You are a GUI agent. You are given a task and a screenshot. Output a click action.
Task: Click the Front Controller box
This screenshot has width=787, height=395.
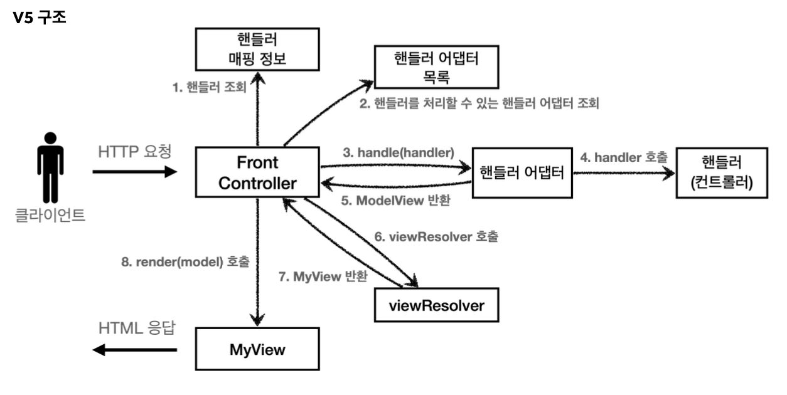[257, 172]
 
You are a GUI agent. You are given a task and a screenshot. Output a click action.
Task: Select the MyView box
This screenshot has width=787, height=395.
[257, 349]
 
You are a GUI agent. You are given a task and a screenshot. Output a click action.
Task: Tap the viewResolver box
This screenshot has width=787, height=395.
[436, 305]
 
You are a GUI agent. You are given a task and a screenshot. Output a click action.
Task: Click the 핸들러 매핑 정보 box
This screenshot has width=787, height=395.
[257, 49]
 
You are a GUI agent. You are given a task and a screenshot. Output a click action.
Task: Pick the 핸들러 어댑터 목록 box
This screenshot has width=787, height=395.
[436, 66]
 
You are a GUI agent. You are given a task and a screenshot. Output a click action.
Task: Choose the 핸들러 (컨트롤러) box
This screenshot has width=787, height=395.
[722, 173]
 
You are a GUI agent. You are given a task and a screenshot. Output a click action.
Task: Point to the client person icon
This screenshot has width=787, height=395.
[50, 167]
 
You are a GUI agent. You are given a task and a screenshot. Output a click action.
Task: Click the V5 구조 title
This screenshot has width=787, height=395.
[40, 17]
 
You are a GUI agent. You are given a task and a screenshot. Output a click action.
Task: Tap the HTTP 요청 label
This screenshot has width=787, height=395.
[135, 152]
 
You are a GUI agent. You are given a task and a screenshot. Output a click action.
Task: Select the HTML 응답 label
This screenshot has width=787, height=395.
[137, 328]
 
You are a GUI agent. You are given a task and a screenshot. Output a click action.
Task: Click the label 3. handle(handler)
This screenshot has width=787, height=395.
[399, 153]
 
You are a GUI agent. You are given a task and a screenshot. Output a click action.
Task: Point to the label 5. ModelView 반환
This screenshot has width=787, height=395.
[395, 201]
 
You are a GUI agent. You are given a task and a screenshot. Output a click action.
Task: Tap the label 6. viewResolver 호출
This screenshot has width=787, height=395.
[436, 236]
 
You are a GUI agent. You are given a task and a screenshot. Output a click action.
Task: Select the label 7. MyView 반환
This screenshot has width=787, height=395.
[323, 276]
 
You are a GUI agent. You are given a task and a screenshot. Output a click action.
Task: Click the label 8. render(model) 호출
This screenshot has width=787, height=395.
[185, 262]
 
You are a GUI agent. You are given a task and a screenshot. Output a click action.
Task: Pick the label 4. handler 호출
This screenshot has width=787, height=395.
[624, 157]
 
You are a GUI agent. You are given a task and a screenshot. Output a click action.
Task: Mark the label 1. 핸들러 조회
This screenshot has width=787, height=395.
[209, 87]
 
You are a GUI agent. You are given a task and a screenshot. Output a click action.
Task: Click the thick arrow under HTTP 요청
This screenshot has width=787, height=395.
[135, 172]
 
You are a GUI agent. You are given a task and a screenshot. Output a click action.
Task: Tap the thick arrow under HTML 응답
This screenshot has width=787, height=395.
[135, 350]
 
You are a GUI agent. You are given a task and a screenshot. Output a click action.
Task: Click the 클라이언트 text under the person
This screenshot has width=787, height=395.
[50, 215]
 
